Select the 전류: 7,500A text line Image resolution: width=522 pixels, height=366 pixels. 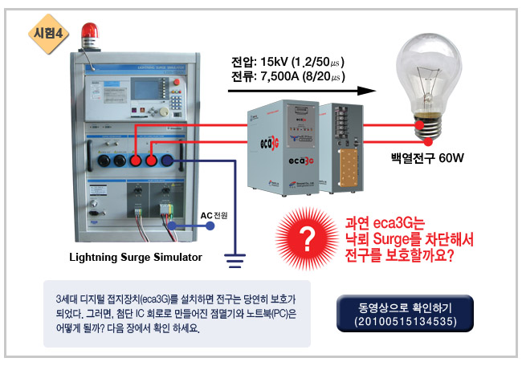(288, 77)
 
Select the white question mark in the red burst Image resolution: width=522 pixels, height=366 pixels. (304, 234)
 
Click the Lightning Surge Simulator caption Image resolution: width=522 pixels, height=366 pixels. (134, 257)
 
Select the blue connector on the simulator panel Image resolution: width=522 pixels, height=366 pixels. (167, 161)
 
